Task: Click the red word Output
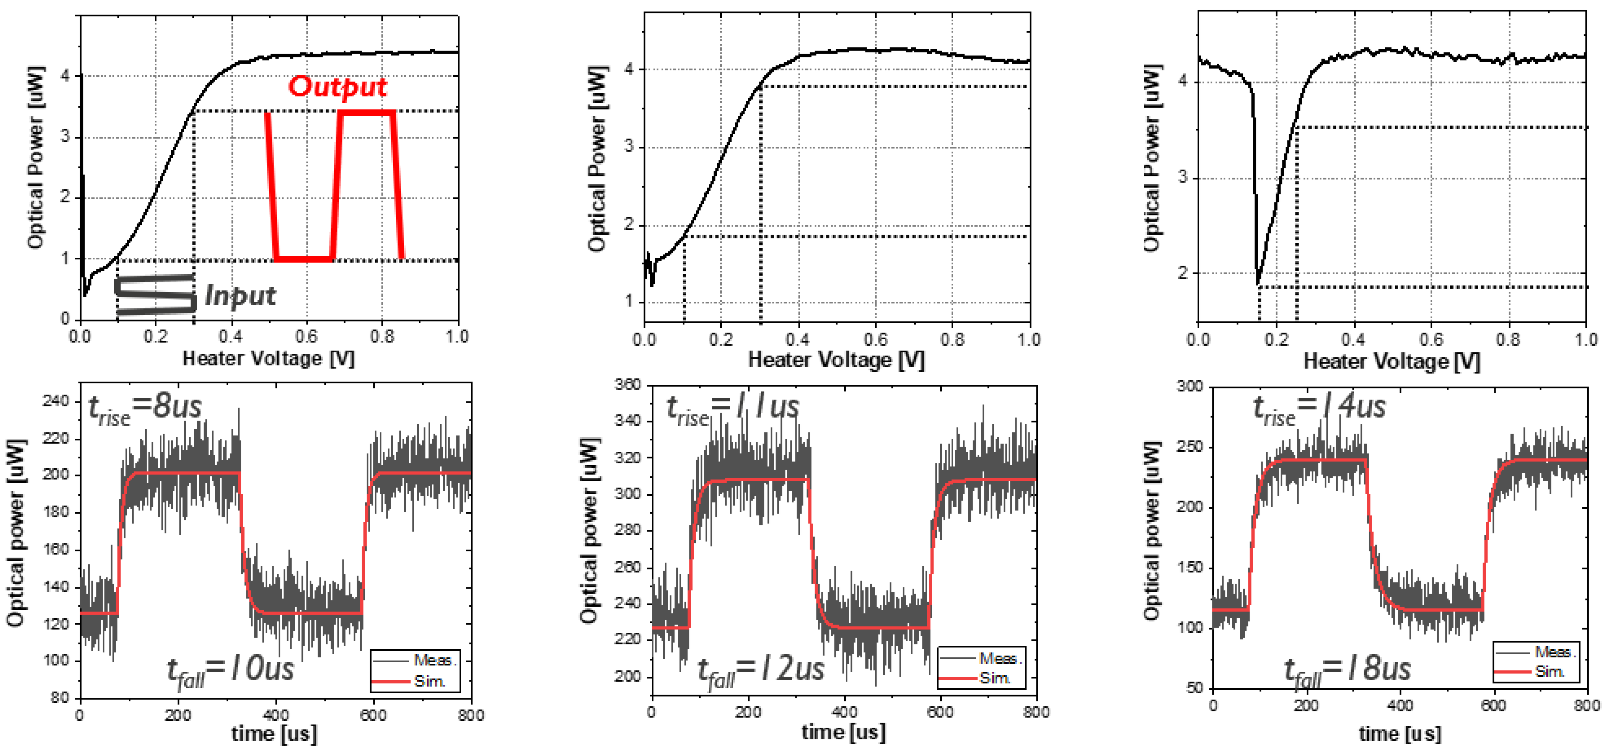coord(337,87)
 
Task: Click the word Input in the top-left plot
coord(240,296)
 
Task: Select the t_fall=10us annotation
coord(230,671)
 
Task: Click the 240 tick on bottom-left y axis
coord(56,401)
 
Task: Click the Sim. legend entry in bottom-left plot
coord(429,681)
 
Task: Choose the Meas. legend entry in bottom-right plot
coord(1554,652)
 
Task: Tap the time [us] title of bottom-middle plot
coord(843,732)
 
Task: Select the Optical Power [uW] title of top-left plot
coord(36,156)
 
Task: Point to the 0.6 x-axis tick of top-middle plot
coord(875,340)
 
